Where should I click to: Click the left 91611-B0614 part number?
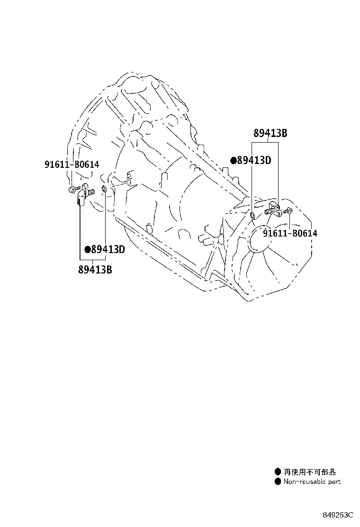point(72,164)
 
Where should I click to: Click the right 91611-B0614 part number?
point(290,233)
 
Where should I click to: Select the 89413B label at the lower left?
point(95,271)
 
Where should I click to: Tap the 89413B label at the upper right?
point(270,134)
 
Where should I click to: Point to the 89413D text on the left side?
point(108,250)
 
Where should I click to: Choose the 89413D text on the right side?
point(254,161)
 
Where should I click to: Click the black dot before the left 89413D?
point(88,250)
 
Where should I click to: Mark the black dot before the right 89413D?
point(233,161)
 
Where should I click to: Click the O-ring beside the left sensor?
point(105,191)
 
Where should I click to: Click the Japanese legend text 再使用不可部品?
point(310,472)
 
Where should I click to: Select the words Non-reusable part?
point(312,482)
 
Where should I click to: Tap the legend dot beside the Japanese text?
point(278,472)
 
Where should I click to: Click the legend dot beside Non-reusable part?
point(278,482)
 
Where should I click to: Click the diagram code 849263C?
point(339,515)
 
